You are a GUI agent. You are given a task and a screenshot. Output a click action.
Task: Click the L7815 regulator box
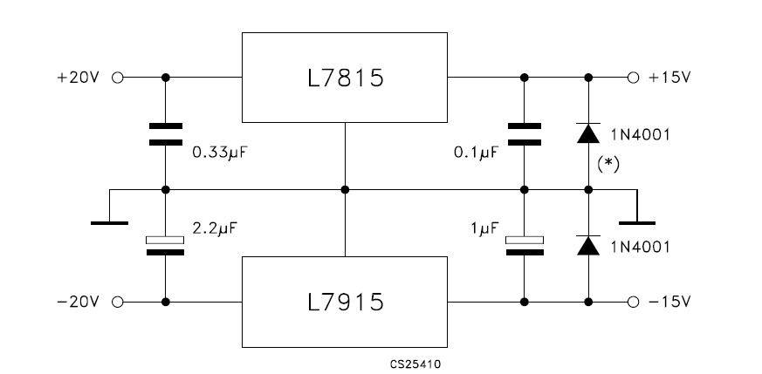345,78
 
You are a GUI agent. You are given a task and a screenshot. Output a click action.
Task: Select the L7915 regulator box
345,302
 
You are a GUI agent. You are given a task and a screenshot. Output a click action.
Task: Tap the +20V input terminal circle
118,78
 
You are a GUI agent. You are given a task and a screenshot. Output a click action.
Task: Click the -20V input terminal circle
118,303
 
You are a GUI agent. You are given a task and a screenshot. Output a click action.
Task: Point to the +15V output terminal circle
633,78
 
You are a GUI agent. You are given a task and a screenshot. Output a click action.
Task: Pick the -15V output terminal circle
633,303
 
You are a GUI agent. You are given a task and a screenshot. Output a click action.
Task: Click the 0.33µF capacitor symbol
166,134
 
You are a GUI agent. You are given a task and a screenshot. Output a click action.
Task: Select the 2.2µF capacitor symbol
165,246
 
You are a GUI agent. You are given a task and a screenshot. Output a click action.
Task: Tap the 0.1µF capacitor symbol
525,134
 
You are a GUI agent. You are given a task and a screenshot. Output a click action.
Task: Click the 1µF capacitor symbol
525,246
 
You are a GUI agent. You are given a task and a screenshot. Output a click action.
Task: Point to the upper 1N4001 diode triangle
588,133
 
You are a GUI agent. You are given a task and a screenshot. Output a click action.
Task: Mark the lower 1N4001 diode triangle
588,246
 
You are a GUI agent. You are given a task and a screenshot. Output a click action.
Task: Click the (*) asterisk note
608,165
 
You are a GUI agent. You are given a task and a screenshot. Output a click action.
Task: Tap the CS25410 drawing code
415,364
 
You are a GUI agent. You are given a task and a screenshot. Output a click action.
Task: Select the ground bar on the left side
109,223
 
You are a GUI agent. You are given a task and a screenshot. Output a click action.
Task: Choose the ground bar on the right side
637,223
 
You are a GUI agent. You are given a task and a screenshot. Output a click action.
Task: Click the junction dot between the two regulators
345,190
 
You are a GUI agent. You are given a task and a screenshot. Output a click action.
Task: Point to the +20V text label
78,78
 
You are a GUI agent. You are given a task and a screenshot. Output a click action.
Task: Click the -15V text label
669,302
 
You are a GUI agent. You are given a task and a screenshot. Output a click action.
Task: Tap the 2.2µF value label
216,228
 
